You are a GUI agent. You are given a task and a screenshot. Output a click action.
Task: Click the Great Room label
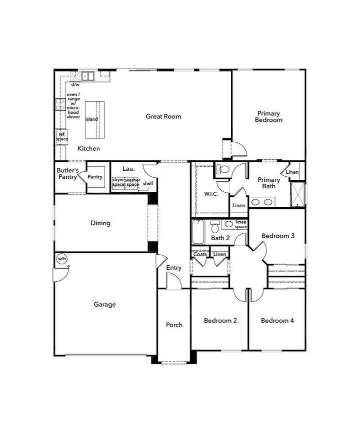pos(163,116)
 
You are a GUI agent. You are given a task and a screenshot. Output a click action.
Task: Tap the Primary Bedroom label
pos(268,116)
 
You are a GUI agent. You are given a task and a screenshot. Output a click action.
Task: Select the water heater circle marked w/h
pos(61,259)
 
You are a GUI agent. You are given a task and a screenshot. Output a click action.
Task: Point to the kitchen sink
pos(88,76)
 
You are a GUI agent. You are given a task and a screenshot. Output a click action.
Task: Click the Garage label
pos(104,304)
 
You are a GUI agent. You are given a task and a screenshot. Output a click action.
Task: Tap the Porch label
pos(174,325)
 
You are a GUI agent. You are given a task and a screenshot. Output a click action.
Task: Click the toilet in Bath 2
pos(215,228)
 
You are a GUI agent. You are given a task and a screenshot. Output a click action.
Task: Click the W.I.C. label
pos(210,194)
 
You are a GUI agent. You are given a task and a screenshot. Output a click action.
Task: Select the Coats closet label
pos(200,255)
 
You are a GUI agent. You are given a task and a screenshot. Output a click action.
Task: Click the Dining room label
pos(100,223)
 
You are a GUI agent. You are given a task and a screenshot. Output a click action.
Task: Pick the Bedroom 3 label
pos(278,236)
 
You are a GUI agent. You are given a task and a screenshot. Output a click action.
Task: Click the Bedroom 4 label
pos(277,321)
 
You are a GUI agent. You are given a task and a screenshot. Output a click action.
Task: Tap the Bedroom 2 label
pos(220,321)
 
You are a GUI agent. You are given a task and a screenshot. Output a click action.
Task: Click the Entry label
pos(173,268)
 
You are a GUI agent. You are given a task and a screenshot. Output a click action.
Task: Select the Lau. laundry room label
pos(129,169)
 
